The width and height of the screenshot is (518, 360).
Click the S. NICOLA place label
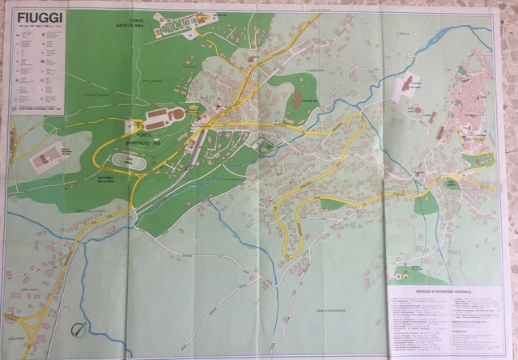pyautogui.click(x=405, y=33)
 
